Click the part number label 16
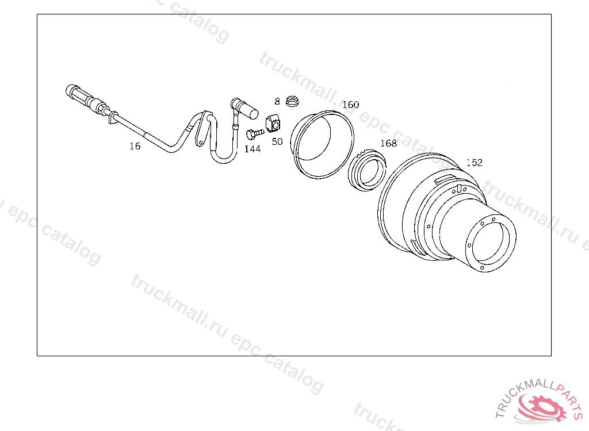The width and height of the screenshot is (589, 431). coord(135,146)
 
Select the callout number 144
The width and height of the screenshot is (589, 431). coord(253,149)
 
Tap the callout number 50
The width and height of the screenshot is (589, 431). coord(277,141)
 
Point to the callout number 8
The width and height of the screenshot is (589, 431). coord(277,101)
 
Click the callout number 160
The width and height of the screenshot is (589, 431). coord(351,105)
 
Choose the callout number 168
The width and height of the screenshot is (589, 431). coord(388,143)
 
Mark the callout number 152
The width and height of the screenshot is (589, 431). coord(475,163)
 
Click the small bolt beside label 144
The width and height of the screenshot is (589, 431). coord(255,134)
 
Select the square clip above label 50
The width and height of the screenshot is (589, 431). coord(273,124)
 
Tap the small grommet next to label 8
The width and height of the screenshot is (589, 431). coord(292,101)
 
